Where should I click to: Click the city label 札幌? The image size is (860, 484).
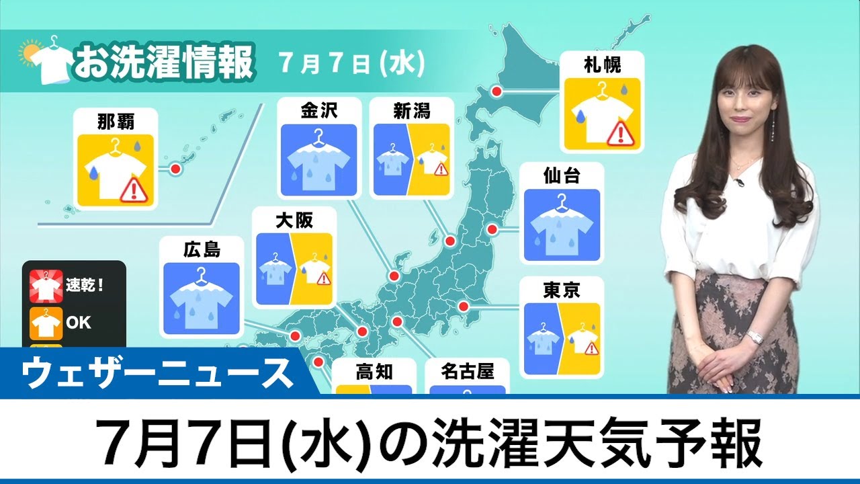[x=603, y=65]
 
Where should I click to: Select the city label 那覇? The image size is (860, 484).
[x=116, y=121]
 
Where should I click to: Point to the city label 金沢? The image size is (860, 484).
[x=319, y=111]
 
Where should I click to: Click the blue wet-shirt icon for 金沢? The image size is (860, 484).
[x=319, y=160]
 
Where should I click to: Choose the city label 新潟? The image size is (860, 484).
[x=411, y=111]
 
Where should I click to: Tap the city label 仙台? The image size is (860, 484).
[x=562, y=176]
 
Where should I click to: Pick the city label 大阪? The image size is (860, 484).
[x=294, y=220]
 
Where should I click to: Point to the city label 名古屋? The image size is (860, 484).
[x=468, y=371]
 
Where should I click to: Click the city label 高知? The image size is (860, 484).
[x=374, y=371]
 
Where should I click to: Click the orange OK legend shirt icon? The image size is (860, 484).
[x=45, y=323]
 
